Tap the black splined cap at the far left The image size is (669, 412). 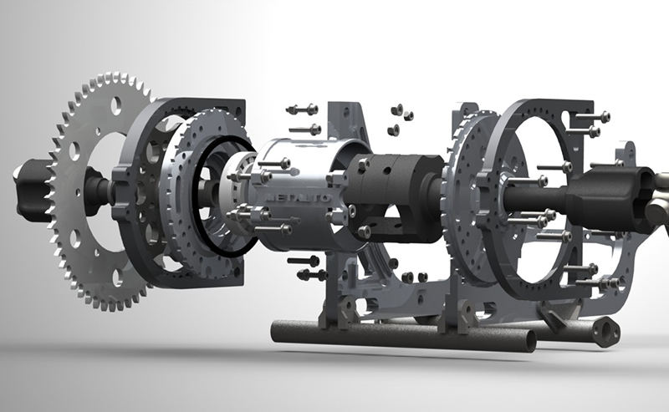(x=29, y=177)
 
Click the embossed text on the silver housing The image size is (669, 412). (x=289, y=196)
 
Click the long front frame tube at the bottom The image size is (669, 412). (x=401, y=335)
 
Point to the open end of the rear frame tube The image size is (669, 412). (x=604, y=332)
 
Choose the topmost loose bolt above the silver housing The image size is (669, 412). (x=302, y=109)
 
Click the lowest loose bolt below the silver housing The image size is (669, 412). (x=312, y=274)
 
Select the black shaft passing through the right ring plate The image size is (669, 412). (x=535, y=201)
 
